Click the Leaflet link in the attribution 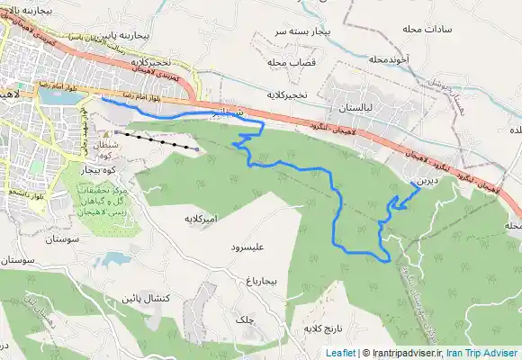click(340, 354)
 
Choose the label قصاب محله click(289, 63)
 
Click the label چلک click(244, 319)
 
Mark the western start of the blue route click(102, 101)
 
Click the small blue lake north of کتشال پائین click(115, 260)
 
